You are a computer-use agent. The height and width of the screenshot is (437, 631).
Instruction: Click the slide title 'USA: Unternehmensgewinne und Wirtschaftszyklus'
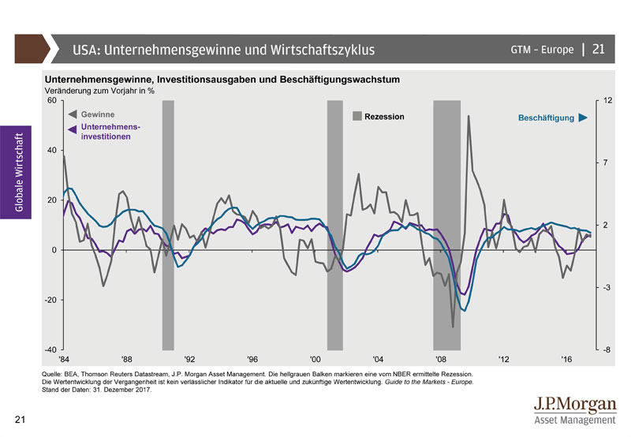click(223, 50)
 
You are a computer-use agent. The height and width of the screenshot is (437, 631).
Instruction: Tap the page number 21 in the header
click(598, 50)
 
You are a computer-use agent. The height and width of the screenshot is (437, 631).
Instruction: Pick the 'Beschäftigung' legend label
click(546, 118)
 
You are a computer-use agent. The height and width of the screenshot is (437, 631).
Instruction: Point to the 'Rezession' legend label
click(384, 117)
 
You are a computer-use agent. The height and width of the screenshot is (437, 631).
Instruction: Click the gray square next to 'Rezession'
click(357, 117)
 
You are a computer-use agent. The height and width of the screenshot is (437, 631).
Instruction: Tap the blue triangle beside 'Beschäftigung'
click(583, 118)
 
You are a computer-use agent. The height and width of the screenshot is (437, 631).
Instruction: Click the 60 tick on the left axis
click(52, 100)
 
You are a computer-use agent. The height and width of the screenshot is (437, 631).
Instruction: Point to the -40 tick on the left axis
click(50, 349)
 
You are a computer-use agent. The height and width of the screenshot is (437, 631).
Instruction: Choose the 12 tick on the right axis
click(607, 100)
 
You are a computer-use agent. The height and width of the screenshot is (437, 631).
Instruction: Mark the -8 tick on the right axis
click(607, 349)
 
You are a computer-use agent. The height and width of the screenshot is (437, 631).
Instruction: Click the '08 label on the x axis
click(440, 359)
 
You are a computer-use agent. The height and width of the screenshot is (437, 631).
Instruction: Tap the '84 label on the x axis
click(62, 359)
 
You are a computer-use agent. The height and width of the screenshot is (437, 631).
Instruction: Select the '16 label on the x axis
click(566, 359)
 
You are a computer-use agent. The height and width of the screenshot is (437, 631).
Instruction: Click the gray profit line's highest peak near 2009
click(469, 116)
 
